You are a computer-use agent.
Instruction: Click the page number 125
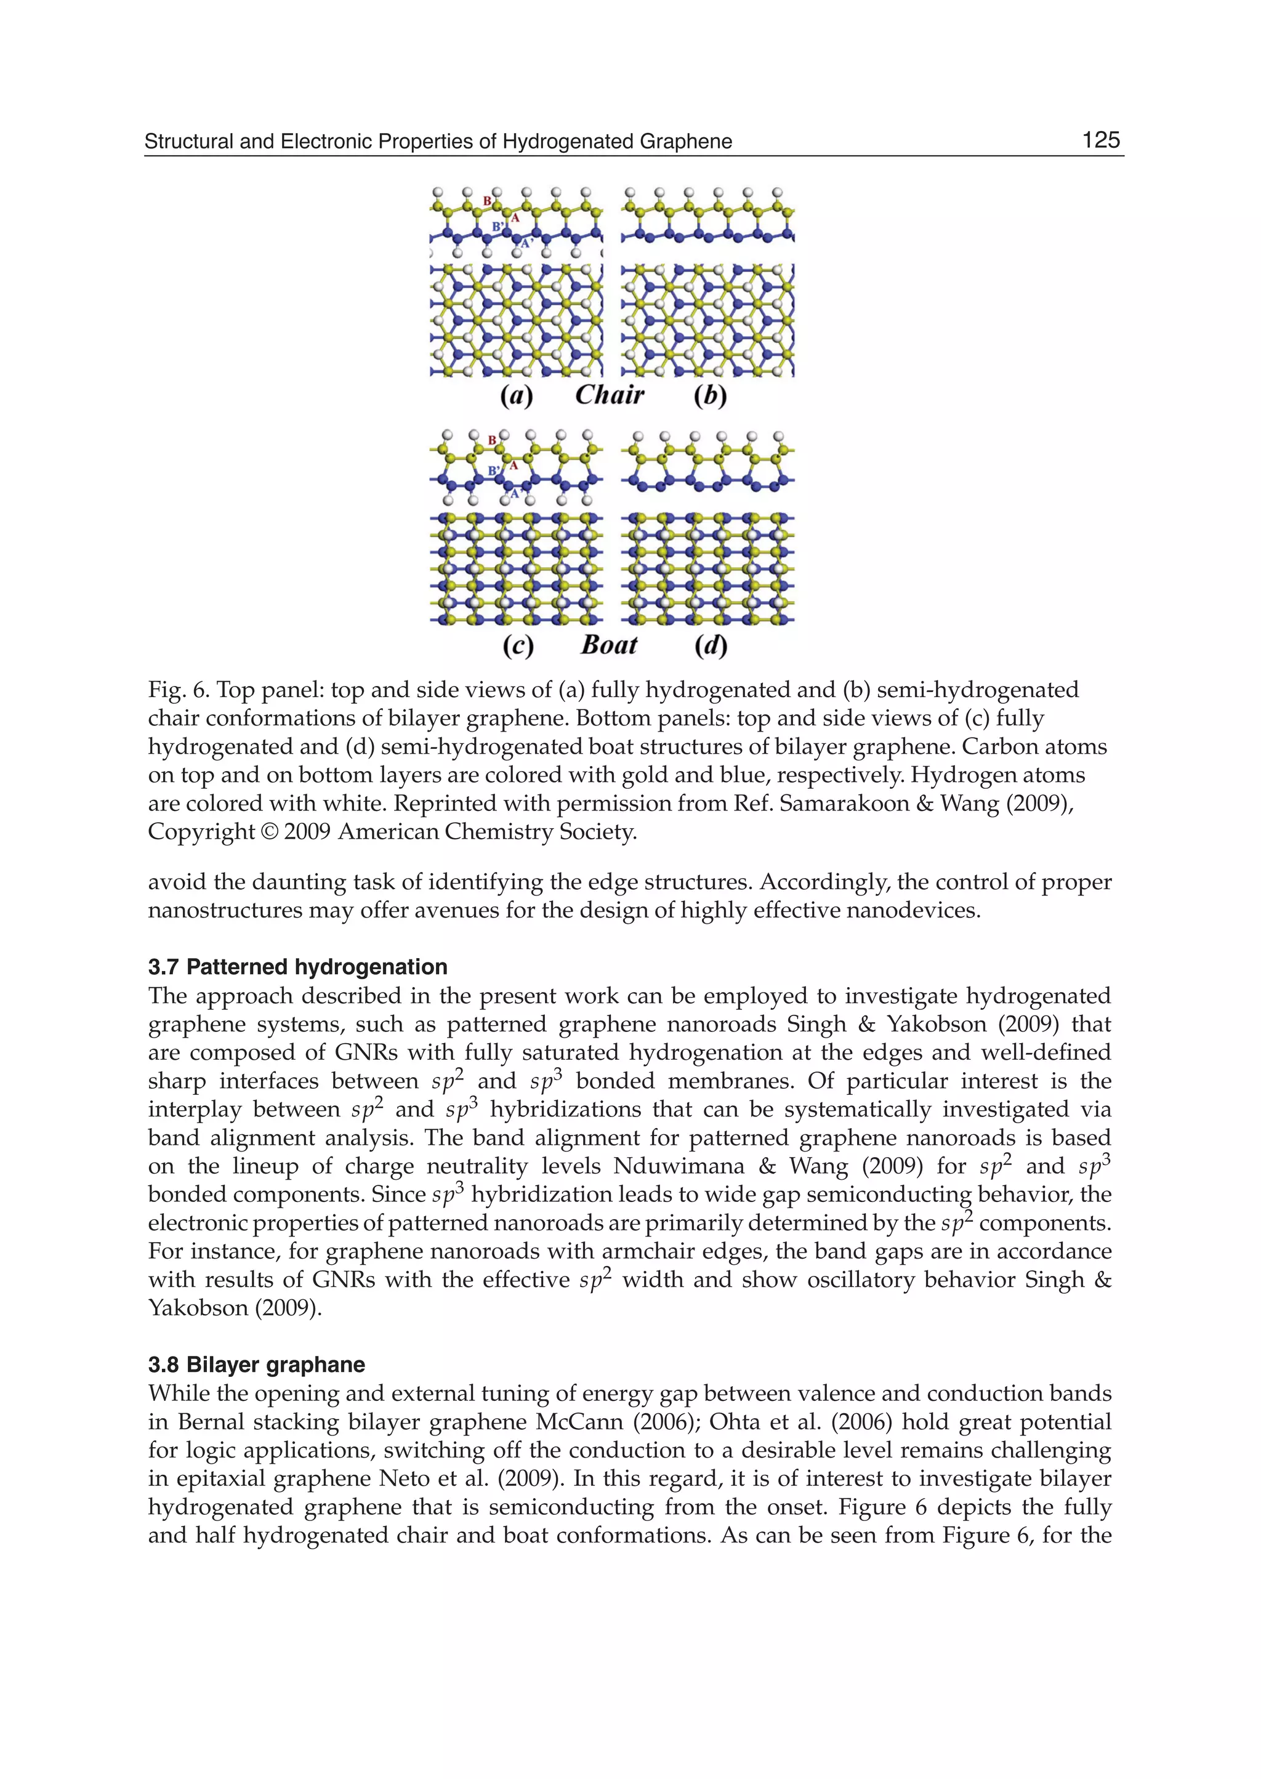1100,140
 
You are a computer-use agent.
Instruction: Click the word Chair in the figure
610,395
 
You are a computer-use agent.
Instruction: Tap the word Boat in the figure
610,645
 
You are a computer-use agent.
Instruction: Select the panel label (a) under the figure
517,396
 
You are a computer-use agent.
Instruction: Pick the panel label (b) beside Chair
711,396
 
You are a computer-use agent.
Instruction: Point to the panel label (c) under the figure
518,646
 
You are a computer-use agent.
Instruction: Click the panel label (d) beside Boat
711,646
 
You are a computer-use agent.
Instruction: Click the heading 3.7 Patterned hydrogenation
297,967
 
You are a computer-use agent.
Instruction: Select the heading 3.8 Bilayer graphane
256,1365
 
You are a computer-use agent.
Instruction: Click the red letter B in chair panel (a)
488,201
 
